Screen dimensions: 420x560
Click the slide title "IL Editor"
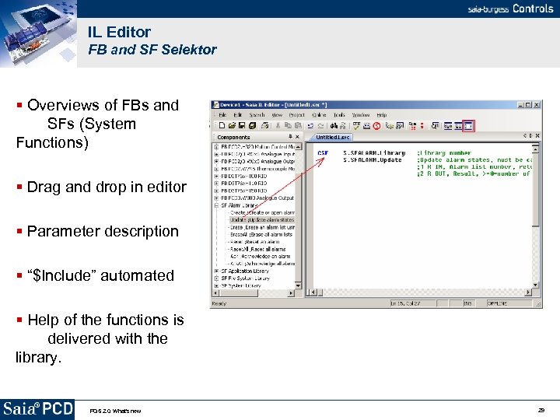[x=119, y=32]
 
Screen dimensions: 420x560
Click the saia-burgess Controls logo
[x=509, y=9]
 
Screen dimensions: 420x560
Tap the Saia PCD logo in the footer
[x=37, y=408]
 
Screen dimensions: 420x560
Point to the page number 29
[x=541, y=409]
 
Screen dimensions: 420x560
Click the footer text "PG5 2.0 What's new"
[x=115, y=410]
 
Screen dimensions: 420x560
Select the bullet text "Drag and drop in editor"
[x=107, y=187]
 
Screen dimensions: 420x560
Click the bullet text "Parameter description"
[x=103, y=231]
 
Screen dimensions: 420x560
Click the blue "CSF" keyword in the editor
[x=323, y=153]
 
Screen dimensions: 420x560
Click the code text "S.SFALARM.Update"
[x=373, y=160]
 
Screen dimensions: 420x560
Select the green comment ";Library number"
[x=444, y=153]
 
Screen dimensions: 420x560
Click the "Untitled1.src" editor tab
[x=333, y=137]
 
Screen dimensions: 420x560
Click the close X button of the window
[x=536, y=105]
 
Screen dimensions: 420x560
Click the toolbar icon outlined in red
[x=467, y=125]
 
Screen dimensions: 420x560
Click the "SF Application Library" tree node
[x=245, y=271]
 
